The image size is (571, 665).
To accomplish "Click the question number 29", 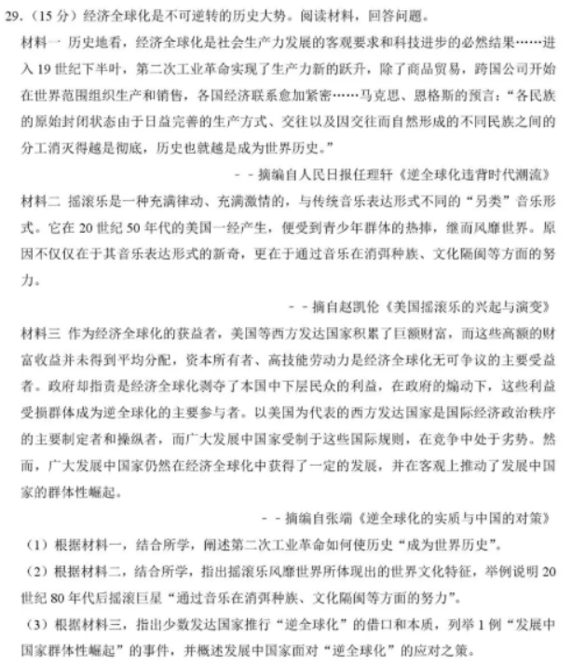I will click(x=14, y=17).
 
